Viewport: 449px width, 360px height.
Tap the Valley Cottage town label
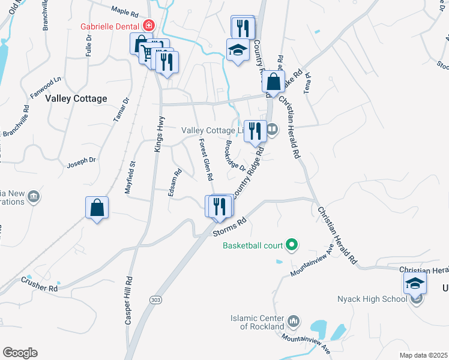click(76, 98)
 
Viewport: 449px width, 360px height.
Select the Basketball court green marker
click(292, 245)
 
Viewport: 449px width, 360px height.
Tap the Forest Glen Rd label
click(206, 159)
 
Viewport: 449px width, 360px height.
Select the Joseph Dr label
click(82, 161)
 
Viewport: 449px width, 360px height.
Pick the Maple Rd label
click(125, 11)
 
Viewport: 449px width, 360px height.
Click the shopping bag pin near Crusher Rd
click(97, 208)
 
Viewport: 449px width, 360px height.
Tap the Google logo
click(20, 353)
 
